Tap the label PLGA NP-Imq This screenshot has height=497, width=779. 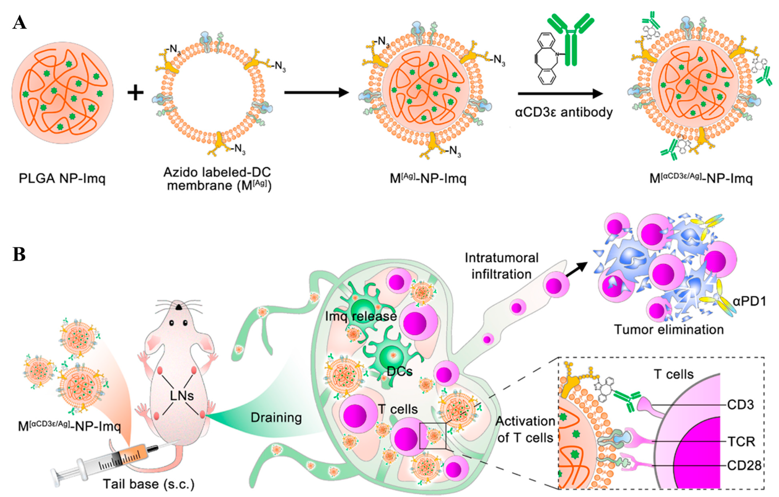click(62, 178)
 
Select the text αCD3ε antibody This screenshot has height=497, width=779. click(564, 112)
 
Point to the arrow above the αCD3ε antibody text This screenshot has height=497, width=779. click(560, 94)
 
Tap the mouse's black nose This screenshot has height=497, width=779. click(179, 307)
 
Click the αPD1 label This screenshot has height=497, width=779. click(749, 302)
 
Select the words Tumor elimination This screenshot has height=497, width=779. click(669, 330)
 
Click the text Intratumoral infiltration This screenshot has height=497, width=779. click(501, 266)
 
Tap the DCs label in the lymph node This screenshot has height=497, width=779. click(400, 371)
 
